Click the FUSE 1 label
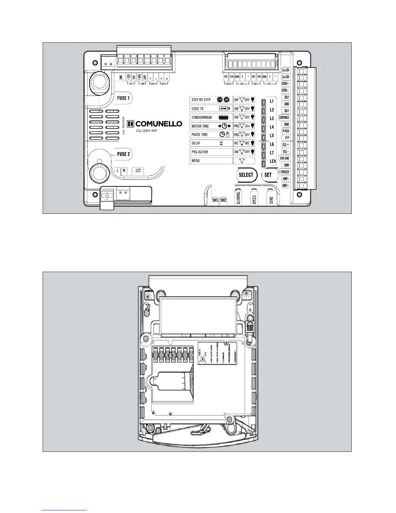(x=123, y=98)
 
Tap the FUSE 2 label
(x=123, y=154)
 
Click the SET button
(x=268, y=175)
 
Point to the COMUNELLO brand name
(x=158, y=124)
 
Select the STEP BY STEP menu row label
(x=201, y=100)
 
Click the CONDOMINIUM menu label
(x=202, y=117)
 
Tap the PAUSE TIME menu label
(x=200, y=134)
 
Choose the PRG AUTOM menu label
(x=200, y=152)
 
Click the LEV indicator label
(x=272, y=161)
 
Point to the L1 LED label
(x=272, y=101)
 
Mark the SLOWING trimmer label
(x=238, y=198)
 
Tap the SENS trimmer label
(x=271, y=200)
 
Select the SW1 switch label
(x=215, y=200)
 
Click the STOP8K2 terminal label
(x=284, y=118)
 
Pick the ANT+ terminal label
(x=285, y=186)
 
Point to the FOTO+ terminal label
(x=285, y=84)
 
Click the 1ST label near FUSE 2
(x=138, y=171)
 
